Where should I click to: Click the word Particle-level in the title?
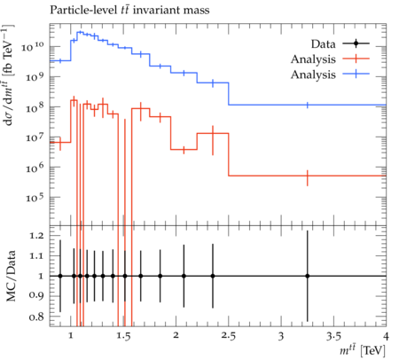pos(83,10)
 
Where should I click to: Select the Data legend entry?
pos(340,44)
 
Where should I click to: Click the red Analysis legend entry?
pos(330,59)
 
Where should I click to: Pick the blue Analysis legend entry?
pos(330,74)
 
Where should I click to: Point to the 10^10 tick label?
pos(32,46)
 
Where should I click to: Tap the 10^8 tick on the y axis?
pos(35,107)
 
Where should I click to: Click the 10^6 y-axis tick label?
pos(35,168)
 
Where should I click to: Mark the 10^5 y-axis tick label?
pos(35,198)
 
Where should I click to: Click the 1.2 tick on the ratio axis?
pos(36,236)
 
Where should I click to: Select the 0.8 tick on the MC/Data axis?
pos(36,317)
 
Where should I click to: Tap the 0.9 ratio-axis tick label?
pos(36,295)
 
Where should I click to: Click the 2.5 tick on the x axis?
pos(229,336)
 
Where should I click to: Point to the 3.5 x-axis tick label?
pos(333,336)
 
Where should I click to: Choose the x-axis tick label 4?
pos(386,336)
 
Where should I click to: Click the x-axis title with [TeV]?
pos(363,350)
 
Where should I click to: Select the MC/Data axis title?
pos(11,276)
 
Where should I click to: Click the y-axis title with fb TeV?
pos(9,75)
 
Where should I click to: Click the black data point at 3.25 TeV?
pos(308,276)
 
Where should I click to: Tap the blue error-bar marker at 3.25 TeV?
pos(308,105)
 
